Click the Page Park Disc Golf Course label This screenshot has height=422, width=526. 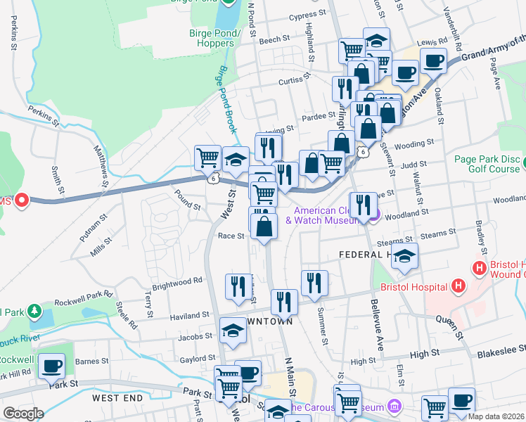pyautogui.click(x=486, y=165)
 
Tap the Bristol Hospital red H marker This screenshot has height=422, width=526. pyautogui.click(x=458, y=286)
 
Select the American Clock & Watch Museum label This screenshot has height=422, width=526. pyautogui.click(x=330, y=215)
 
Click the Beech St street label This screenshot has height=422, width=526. pyautogui.click(x=270, y=40)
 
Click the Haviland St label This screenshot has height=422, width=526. pyautogui.click(x=191, y=315)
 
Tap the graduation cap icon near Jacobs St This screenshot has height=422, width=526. pyautogui.click(x=233, y=330)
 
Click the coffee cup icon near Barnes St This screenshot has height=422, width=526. pyautogui.click(x=51, y=366)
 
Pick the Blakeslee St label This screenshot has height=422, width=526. pyautogui.click(x=501, y=349)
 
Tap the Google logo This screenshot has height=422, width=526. pyautogui.click(x=23, y=414)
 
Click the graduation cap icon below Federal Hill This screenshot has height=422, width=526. pyautogui.click(x=404, y=258)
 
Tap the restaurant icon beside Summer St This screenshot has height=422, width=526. pyautogui.click(x=314, y=283)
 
